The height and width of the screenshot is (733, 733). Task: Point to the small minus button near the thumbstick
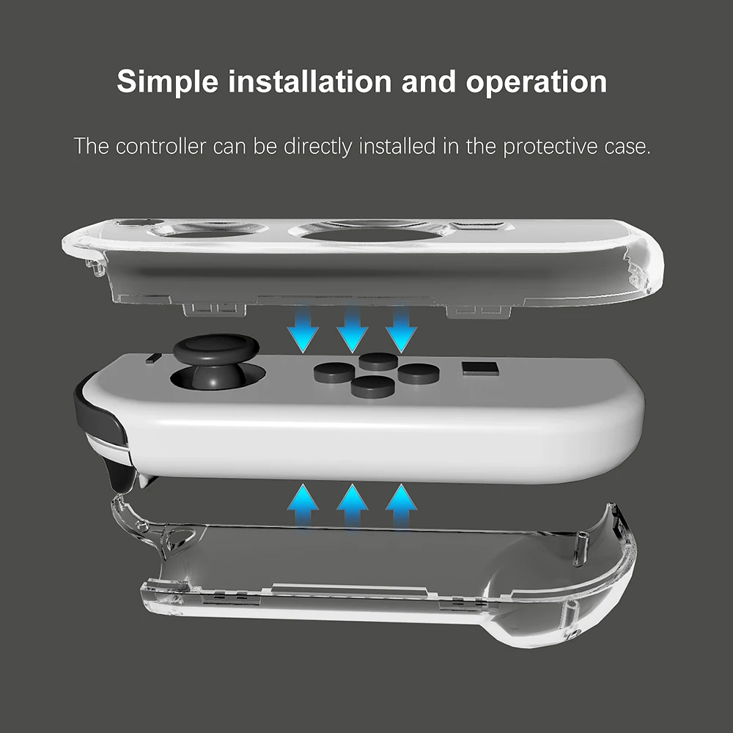pos(155,358)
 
